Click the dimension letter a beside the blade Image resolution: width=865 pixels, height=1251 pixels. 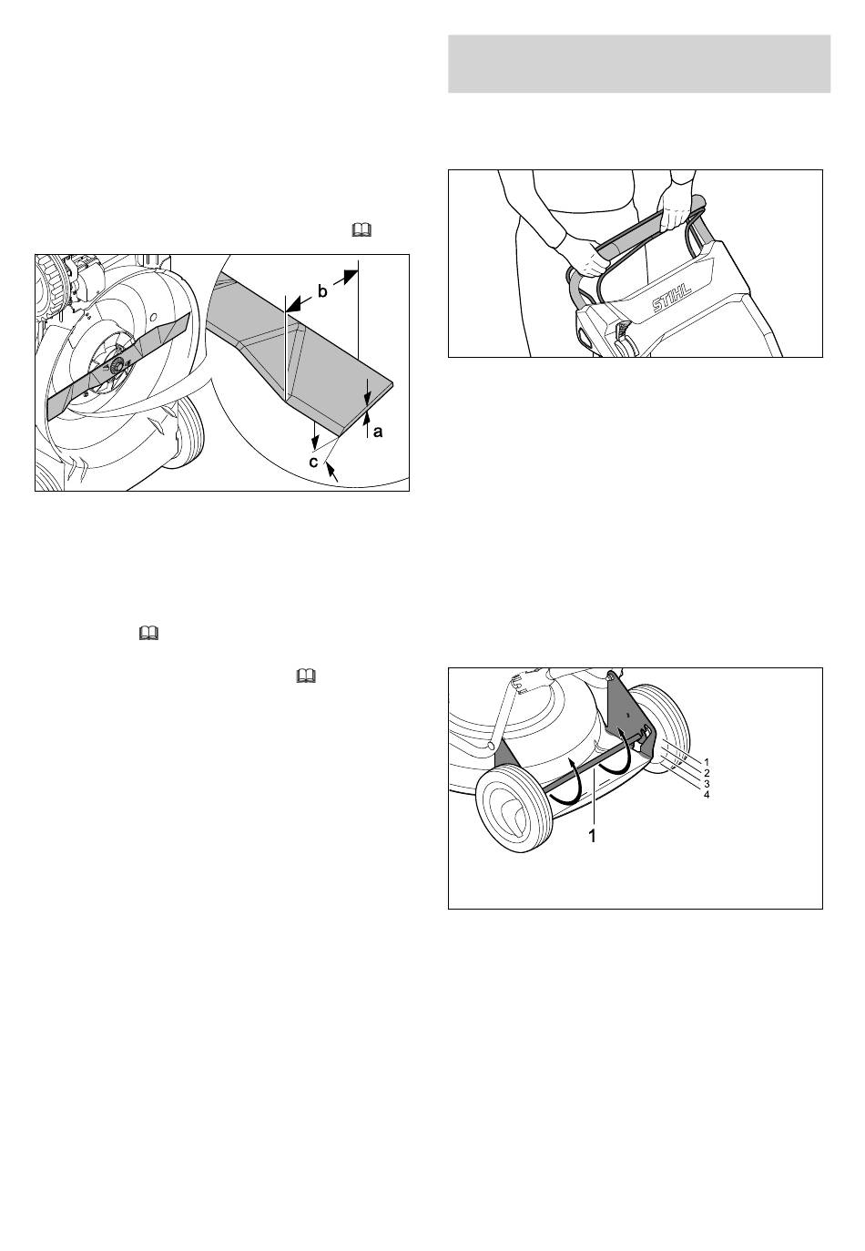(x=378, y=432)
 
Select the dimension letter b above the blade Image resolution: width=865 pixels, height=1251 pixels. (x=322, y=291)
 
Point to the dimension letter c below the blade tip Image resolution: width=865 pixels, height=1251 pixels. (x=313, y=462)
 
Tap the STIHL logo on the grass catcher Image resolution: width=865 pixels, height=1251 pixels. (x=672, y=297)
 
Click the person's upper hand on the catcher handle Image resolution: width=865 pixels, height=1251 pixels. (x=675, y=208)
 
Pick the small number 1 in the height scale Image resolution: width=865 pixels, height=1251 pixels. (x=707, y=762)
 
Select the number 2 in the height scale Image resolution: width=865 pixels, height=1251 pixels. (x=707, y=773)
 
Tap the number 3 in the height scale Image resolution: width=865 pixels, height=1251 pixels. (x=707, y=784)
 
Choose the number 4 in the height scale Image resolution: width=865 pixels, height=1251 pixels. (x=707, y=795)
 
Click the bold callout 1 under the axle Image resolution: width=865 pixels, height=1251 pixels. (x=593, y=836)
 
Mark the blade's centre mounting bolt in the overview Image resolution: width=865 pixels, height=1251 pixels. (x=117, y=365)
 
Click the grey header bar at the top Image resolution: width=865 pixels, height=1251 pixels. (x=639, y=64)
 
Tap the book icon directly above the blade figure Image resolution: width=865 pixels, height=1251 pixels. (x=361, y=230)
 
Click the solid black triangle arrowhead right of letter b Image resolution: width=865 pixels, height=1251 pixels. (x=350, y=276)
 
